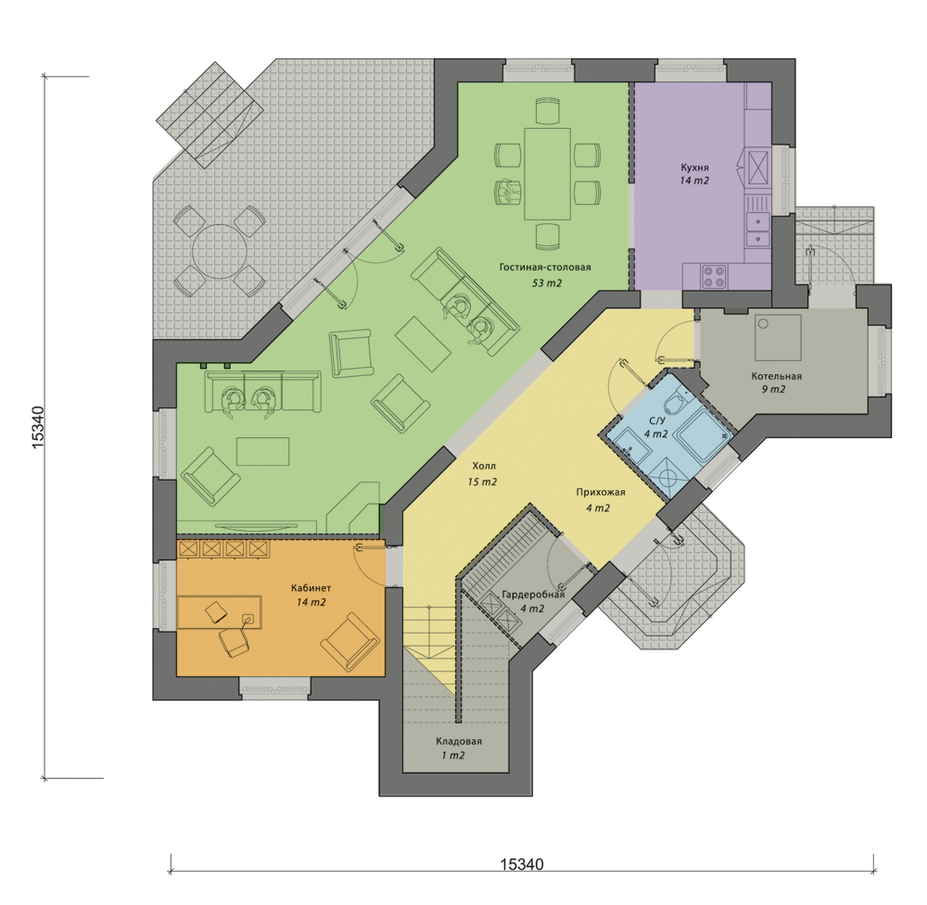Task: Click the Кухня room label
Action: (x=694, y=168)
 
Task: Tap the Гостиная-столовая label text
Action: (x=545, y=267)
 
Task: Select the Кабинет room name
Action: (x=311, y=588)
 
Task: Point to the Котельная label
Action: (x=776, y=376)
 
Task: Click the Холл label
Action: (x=484, y=466)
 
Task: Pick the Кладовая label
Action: (x=459, y=741)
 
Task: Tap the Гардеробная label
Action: (x=533, y=595)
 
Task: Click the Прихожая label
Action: (x=601, y=492)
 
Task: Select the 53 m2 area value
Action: (x=547, y=283)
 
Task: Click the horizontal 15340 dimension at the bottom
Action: (x=522, y=865)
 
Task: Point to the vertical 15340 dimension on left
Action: (x=38, y=427)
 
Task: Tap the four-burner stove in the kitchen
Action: (x=714, y=277)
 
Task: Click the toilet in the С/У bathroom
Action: (x=673, y=405)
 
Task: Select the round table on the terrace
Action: (x=219, y=251)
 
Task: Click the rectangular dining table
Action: (x=547, y=173)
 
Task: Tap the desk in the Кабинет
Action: (x=220, y=612)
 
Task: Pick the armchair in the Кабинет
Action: (x=349, y=642)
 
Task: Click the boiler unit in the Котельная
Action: (x=778, y=338)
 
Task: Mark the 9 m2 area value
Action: (x=773, y=389)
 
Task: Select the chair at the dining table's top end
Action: (x=547, y=111)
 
